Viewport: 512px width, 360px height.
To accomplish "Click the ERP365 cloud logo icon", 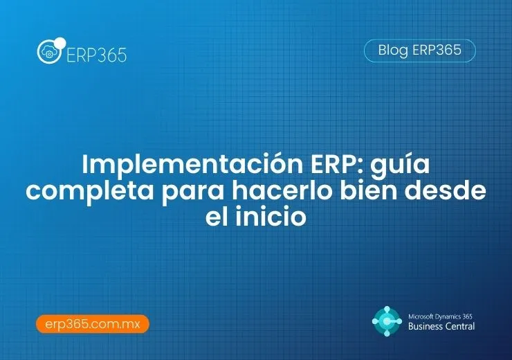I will click(50, 53).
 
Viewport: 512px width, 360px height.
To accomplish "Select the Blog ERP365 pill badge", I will click(419, 51).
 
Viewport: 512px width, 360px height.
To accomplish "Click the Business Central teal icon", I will click(386, 321).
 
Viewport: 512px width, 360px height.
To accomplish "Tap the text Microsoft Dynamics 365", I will click(442, 314).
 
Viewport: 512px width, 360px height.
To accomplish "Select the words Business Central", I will click(441, 326).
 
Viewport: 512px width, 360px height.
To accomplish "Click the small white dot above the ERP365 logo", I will click(60, 42).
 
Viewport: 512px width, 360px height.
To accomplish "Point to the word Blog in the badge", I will click(393, 51).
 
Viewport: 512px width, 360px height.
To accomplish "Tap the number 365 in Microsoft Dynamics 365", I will click(468, 314).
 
